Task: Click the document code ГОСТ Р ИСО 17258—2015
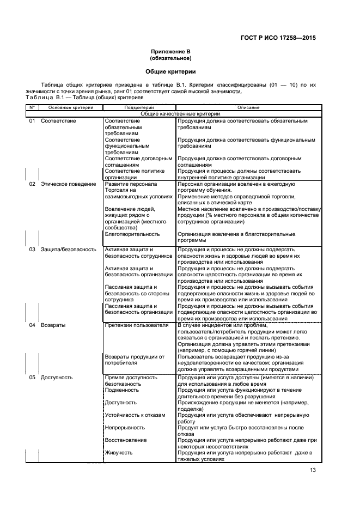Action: pyautogui.click(x=278, y=38)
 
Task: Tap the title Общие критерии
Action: pyautogui.click(x=170, y=71)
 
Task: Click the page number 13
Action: pyautogui.click(x=313, y=470)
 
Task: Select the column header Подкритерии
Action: pyautogui.click(x=139, y=108)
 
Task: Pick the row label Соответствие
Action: pyautogui.click(x=58, y=120)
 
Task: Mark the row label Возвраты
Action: pyautogui.click(x=53, y=325)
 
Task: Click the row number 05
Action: pyautogui.click(x=32, y=377)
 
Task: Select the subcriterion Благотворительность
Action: pyautogui.click(x=132, y=234)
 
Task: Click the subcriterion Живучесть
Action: pyautogui.click(x=119, y=452)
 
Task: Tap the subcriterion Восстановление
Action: pyautogui.click(x=126, y=440)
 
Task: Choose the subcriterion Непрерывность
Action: pyautogui.click(x=125, y=427)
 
